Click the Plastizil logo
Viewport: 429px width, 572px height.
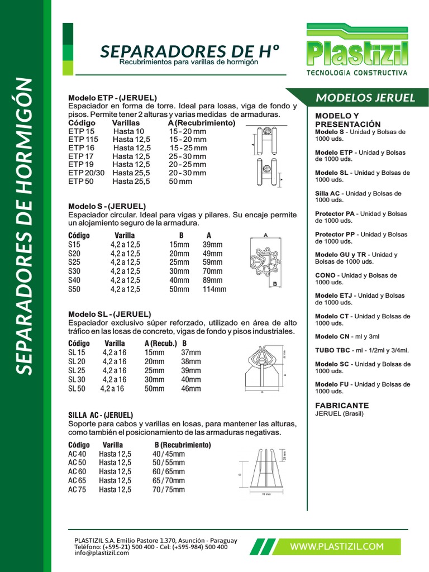(x=357, y=47)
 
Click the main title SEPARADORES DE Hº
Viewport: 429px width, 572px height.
(x=189, y=51)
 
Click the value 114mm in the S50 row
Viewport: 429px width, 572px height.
(x=214, y=289)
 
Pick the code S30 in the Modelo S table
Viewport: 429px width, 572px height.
(x=74, y=271)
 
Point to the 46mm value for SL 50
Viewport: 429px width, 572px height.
(x=191, y=388)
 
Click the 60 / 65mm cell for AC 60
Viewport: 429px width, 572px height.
(x=169, y=471)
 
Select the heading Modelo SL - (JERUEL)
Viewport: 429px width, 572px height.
(x=109, y=314)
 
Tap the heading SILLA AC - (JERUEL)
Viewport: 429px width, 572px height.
(x=101, y=415)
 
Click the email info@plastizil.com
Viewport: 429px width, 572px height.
(x=101, y=553)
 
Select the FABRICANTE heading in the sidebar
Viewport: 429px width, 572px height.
(x=342, y=406)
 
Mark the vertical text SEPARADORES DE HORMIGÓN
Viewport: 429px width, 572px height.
(x=26, y=226)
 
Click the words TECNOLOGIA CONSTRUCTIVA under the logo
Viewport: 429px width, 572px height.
(x=357, y=73)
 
